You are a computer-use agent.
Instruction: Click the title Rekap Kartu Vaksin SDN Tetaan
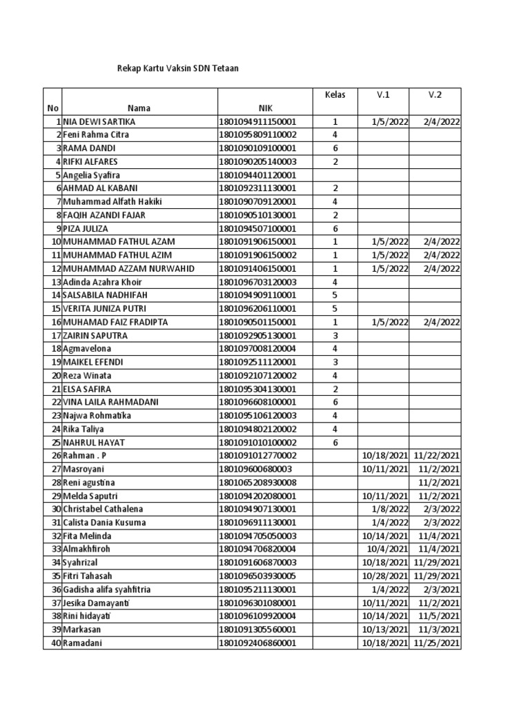[x=179, y=69]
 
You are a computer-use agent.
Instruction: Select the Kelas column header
[x=335, y=94]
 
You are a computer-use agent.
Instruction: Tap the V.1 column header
[x=384, y=94]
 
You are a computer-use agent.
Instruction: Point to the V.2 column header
[x=435, y=94]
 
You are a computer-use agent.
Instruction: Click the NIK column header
[x=266, y=108]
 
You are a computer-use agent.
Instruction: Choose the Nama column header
[x=139, y=108]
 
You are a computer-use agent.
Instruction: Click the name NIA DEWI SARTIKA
[x=99, y=121]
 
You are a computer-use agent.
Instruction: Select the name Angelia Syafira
[x=95, y=175]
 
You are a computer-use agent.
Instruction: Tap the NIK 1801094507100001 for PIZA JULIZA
[x=257, y=228]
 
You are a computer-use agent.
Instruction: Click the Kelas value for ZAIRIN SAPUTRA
[x=335, y=335]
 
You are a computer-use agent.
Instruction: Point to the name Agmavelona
[x=87, y=349]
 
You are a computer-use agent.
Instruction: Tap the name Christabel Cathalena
[x=103, y=509]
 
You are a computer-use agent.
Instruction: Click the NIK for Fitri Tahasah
[x=257, y=576]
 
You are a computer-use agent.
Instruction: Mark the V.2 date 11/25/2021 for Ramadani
[x=437, y=643]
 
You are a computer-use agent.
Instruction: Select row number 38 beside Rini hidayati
[x=56, y=616]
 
